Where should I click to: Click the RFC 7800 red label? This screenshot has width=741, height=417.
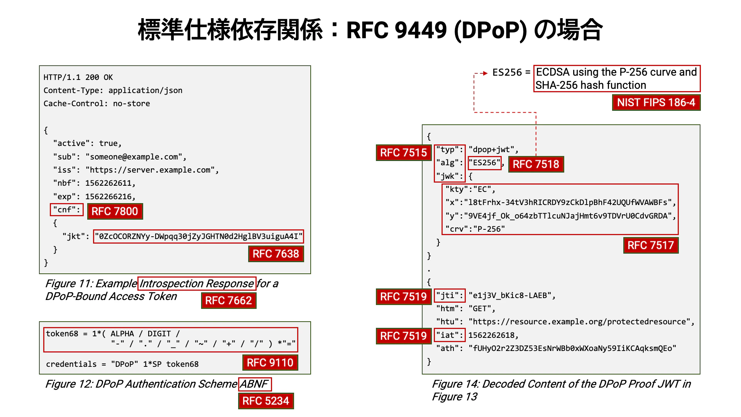point(115,211)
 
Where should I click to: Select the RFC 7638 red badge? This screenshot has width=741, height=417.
point(276,254)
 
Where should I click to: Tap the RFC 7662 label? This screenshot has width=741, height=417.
point(228,300)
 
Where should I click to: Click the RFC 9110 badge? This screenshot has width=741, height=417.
point(270,363)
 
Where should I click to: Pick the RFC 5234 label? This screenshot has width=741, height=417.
point(266,401)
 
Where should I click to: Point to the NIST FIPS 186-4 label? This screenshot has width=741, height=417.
point(656,102)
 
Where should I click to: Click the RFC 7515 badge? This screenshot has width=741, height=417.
point(404,153)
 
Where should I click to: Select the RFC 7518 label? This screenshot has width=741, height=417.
point(536,164)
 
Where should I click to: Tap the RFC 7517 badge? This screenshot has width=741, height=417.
point(651,245)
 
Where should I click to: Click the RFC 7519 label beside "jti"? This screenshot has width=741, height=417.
point(404,297)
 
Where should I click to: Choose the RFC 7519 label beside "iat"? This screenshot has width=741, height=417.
point(404,336)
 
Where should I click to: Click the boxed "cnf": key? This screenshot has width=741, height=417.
point(67,210)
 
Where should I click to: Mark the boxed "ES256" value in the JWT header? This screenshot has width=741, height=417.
point(485,163)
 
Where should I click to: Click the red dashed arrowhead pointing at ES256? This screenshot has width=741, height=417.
point(485,73)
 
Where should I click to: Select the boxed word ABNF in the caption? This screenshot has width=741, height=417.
point(255,384)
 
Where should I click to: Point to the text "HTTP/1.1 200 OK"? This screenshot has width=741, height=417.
point(78,77)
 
